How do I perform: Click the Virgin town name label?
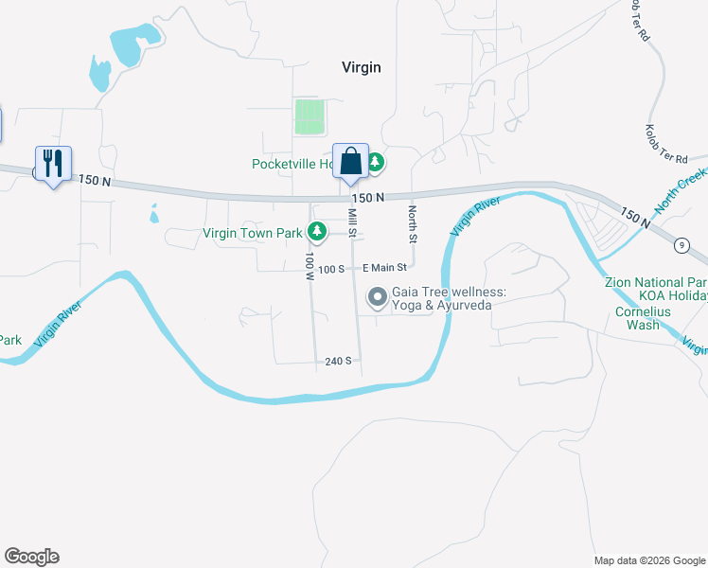pyautogui.click(x=361, y=66)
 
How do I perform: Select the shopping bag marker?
pyautogui.click(x=350, y=161)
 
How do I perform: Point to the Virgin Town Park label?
pyautogui.click(x=253, y=232)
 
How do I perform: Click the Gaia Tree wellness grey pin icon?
pyautogui.click(x=378, y=299)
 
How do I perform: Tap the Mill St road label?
pyautogui.click(x=353, y=223)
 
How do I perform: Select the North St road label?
pyautogui.click(x=412, y=222)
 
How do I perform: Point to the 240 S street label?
pyautogui.click(x=338, y=361)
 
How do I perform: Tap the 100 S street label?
pyautogui.click(x=330, y=269)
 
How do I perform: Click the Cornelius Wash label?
pyautogui.click(x=636, y=317)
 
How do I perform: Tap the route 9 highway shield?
pyautogui.click(x=681, y=246)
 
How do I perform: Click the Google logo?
pyautogui.click(x=31, y=557)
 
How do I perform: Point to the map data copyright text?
pyautogui.click(x=648, y=560)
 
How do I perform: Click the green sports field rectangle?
pyautogui.click(x=309, y=116)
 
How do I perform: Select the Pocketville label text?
pyautogui.click(x=292, y=164)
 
